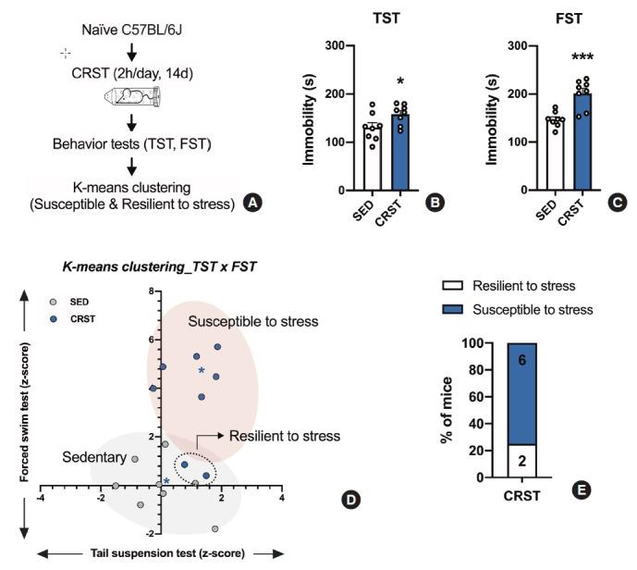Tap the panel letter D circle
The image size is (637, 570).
[350, 501]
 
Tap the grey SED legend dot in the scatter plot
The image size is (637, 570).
[55, 302]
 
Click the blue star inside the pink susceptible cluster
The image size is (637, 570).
[201, 370]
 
